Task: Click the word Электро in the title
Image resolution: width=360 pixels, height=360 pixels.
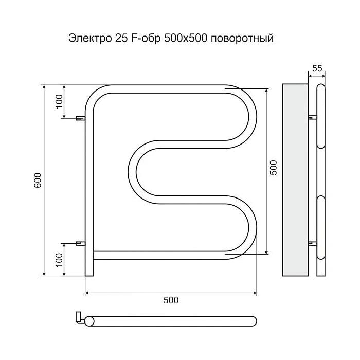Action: (90, 38)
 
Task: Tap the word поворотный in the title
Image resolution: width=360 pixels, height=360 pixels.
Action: (242, 39)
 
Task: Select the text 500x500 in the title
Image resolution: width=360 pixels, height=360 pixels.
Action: (186, 38)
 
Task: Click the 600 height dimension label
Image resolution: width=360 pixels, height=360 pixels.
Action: (38, 180)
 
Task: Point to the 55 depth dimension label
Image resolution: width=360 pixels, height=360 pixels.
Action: (317, 68)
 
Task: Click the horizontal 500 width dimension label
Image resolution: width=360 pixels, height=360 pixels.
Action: (171, 300)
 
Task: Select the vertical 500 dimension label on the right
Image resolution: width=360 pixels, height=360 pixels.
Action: (273, 168)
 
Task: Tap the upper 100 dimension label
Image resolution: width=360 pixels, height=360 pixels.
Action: (59, 101)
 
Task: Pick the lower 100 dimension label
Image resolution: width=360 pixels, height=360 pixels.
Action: (59, 260)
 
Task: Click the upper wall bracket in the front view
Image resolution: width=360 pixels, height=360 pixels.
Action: (81, 118)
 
